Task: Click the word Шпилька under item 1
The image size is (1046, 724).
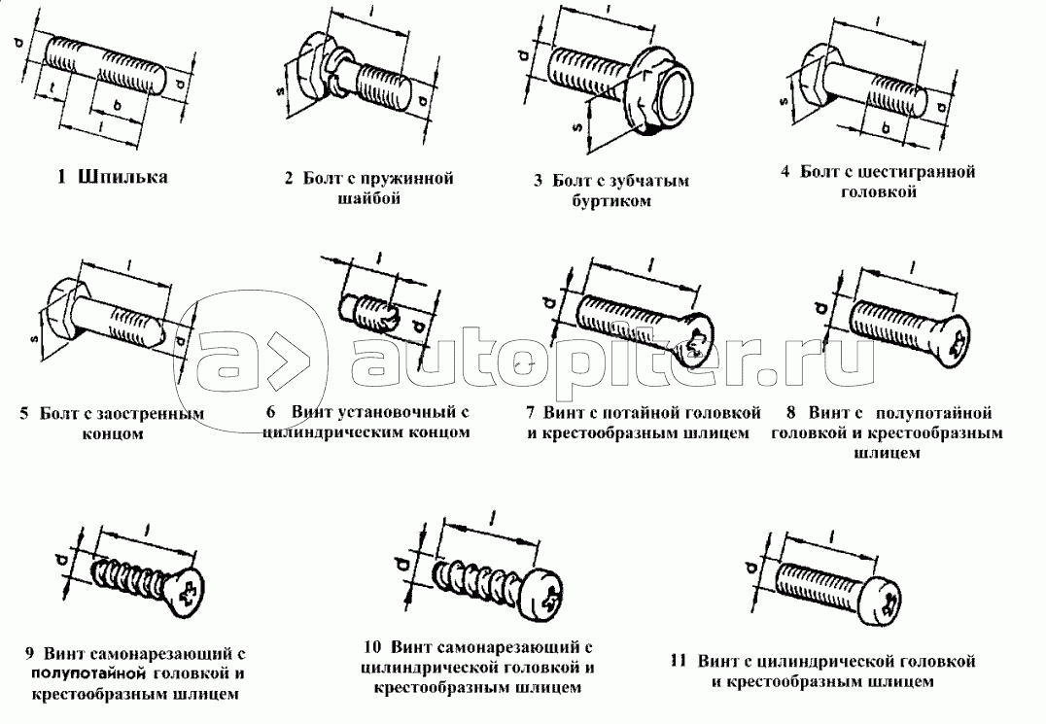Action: [122, 177]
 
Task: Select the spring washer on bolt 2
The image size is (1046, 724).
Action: [338, 69]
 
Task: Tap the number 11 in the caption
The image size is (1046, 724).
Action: [679, 662]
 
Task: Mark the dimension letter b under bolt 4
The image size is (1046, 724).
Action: [886, 127]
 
